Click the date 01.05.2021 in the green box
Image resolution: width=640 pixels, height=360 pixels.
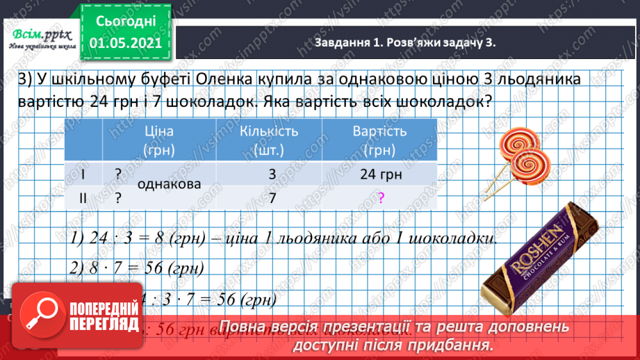point(126,44)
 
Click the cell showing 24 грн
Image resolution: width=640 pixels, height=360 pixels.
point(381,174)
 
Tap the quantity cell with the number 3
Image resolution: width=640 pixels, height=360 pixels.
point(272,174)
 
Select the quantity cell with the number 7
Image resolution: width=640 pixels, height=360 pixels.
point(272,197)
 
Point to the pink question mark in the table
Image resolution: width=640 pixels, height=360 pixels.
point(381,198)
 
